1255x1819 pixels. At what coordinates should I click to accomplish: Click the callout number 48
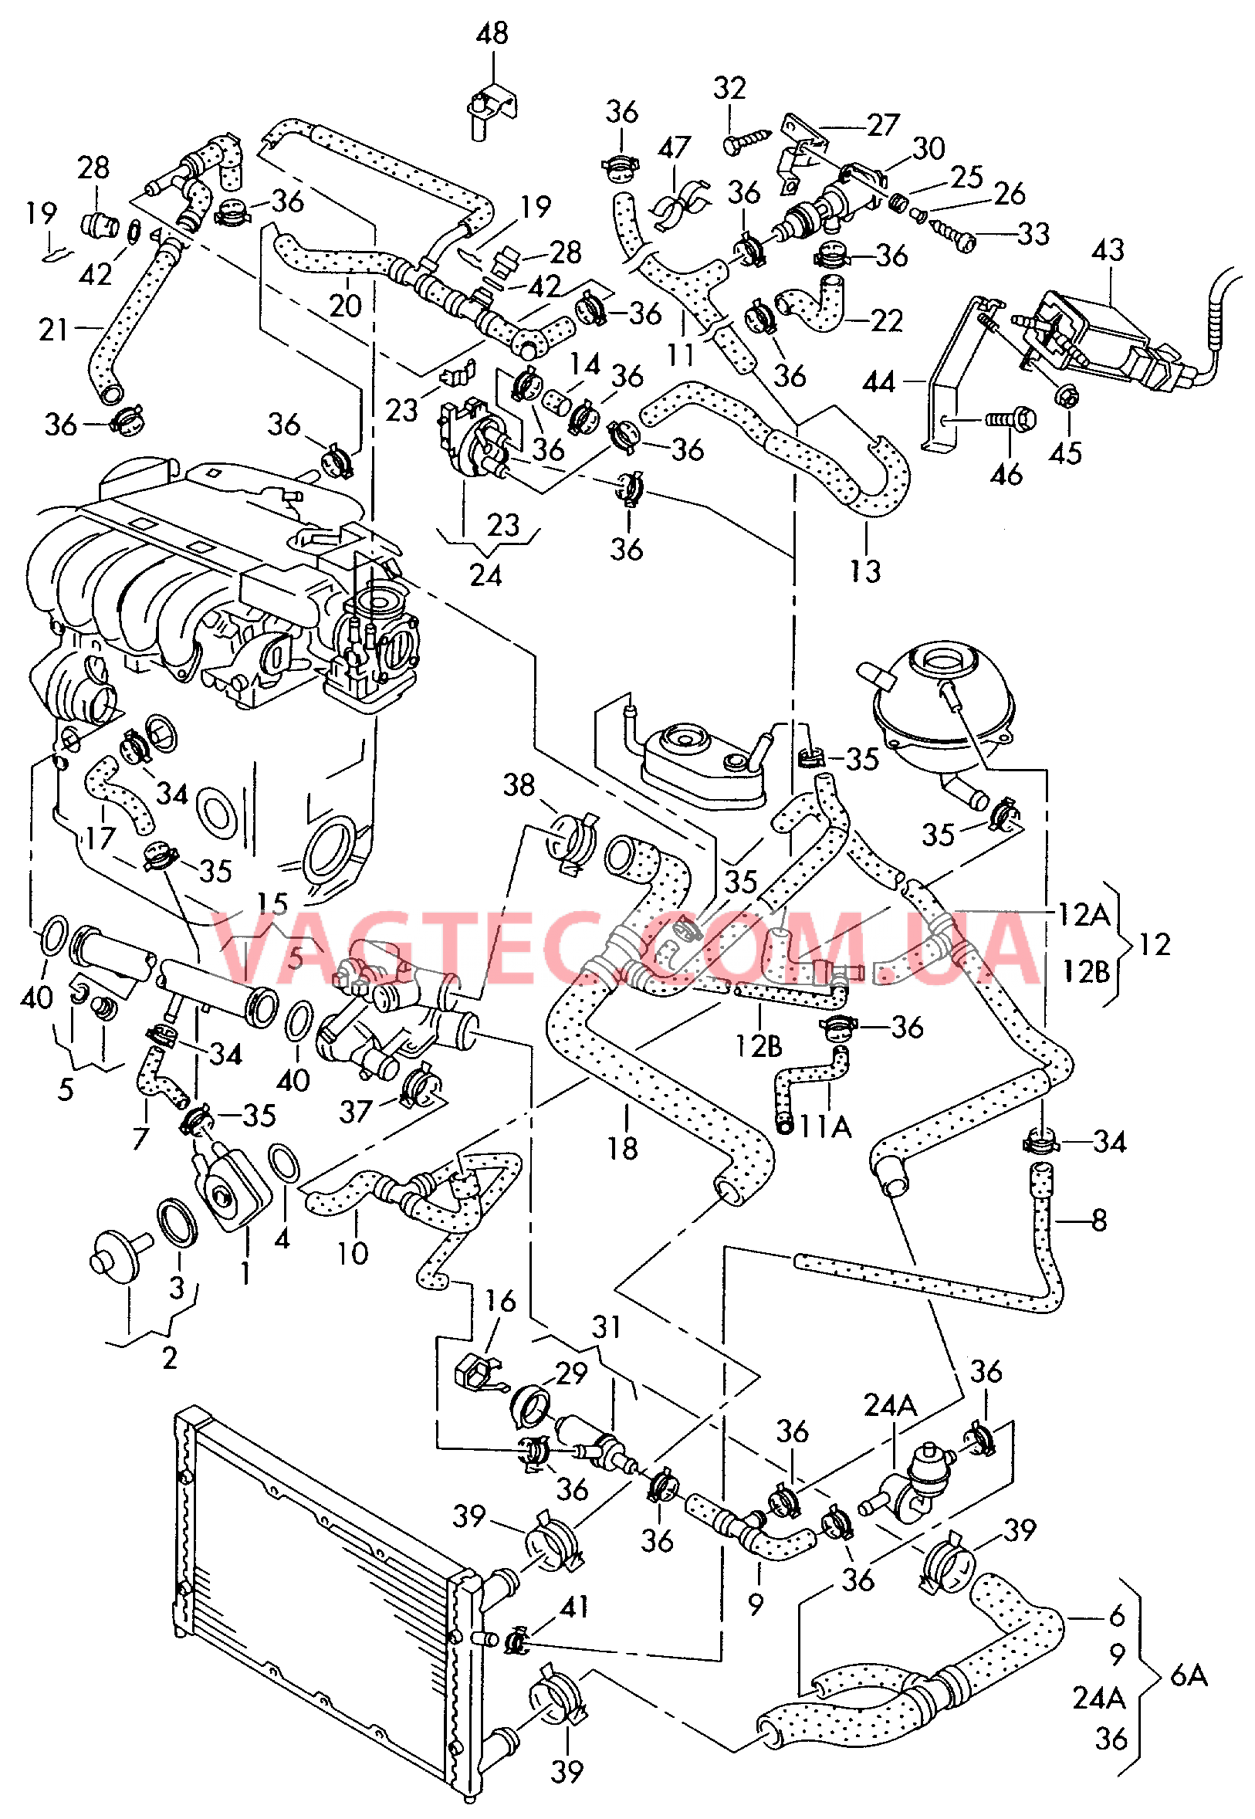[492, 34]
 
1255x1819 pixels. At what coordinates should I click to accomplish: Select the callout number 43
[1107, 251]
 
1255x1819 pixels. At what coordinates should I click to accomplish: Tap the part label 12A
[1083, 915]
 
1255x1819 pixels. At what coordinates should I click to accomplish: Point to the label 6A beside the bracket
[1189, 1676]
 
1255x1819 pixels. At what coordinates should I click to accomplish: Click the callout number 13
[865, 572]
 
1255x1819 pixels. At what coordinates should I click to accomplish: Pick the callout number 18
[622, 1149]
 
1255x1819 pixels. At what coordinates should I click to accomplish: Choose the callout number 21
[53, 330]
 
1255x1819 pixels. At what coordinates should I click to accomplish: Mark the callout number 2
[169, 1358]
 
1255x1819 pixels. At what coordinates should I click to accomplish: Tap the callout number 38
[518, 785]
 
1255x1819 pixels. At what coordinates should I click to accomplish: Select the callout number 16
[500, 1301]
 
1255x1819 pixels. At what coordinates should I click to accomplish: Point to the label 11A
[826, 1127]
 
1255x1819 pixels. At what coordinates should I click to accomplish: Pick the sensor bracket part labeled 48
[492, 108]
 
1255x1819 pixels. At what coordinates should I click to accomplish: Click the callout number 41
[574, 1606]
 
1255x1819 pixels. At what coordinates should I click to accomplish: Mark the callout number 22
[887, 321]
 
